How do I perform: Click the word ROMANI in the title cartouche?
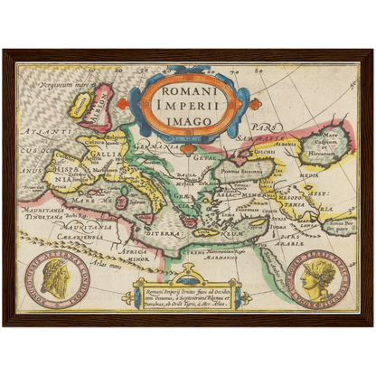187,91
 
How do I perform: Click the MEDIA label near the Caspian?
309,177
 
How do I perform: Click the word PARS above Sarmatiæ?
263,127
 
